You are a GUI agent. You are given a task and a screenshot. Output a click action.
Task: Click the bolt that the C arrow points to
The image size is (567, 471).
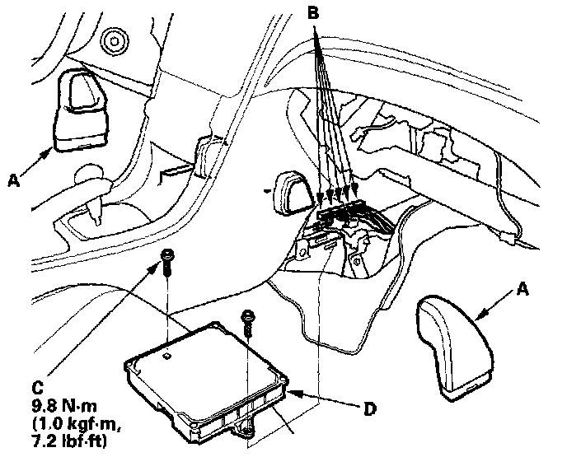pyautogui.click(x=167, y=260)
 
